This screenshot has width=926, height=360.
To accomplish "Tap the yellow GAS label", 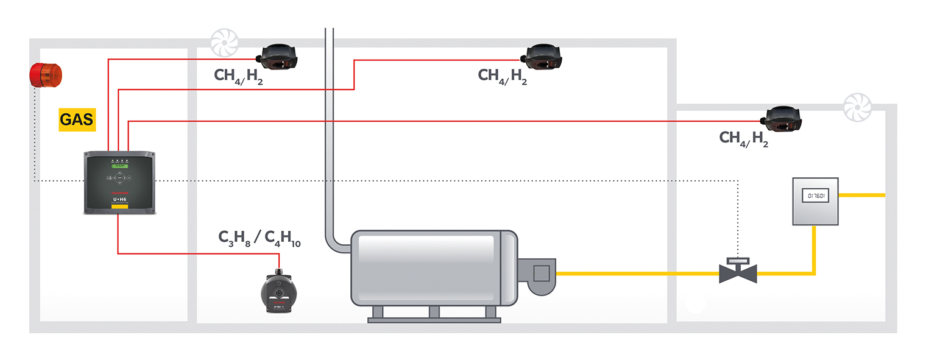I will click(77, 119).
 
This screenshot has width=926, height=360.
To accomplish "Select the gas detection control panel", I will click(120, 182).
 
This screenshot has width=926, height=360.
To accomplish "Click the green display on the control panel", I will click(119, 165).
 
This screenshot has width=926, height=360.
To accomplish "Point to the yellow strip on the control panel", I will click(119, 207).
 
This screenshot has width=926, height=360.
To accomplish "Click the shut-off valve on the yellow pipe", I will click(738, 272).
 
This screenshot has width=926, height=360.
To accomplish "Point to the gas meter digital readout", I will click(815, 196).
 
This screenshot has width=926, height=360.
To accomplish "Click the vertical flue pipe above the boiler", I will click(330, 122).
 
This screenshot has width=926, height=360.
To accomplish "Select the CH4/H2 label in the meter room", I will click(744, 138).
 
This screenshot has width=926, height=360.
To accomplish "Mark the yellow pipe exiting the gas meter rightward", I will click(861, 195).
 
